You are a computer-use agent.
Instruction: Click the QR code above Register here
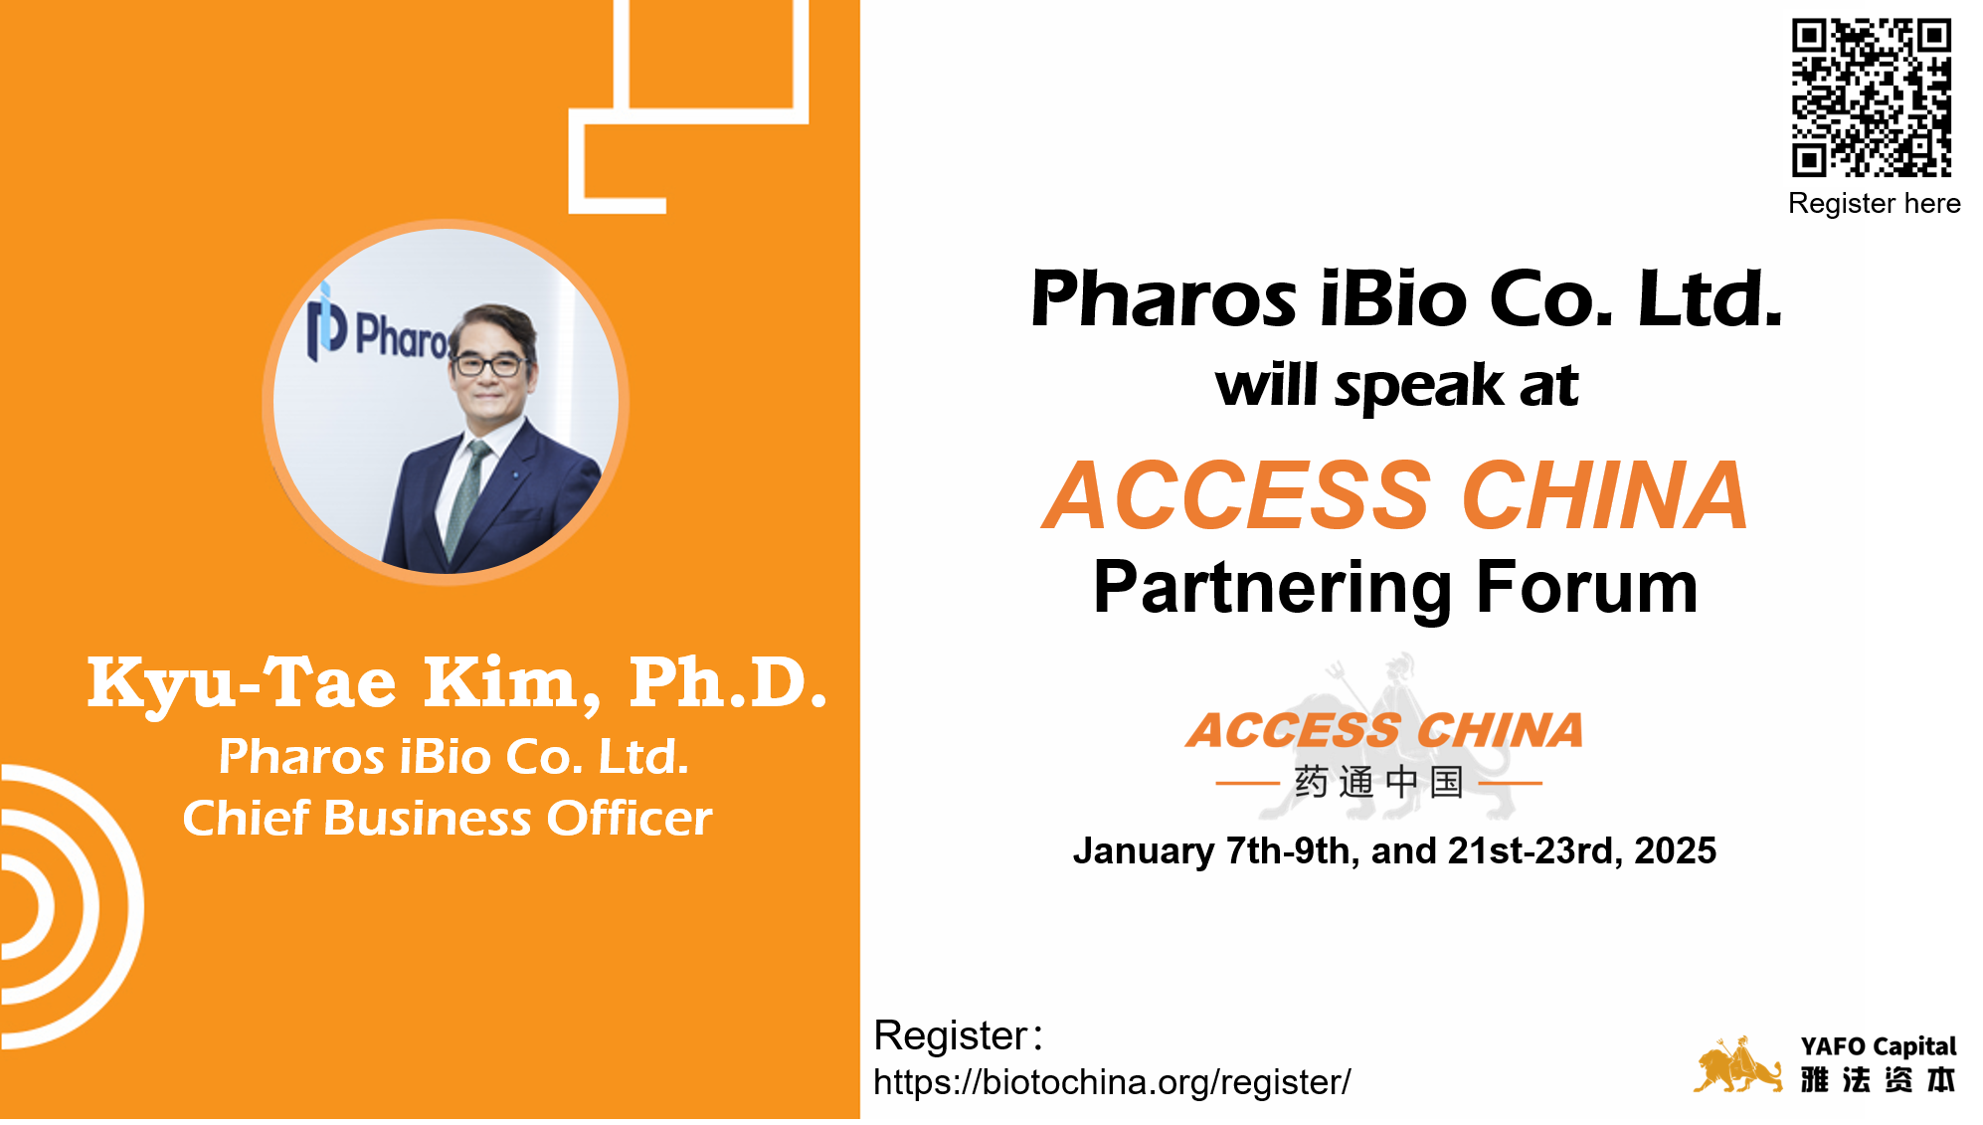1871,97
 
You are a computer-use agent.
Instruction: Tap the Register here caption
1874,204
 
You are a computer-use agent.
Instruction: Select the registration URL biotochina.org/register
1112,1082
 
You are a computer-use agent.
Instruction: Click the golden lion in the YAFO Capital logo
1737,1065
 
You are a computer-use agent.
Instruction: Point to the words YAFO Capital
1878,1046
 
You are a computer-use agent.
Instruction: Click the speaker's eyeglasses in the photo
489,365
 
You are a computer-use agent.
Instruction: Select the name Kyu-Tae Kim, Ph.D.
457,683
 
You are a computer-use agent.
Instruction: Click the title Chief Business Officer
448,819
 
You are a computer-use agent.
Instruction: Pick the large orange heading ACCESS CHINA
1395,495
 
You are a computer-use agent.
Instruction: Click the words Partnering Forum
1395,588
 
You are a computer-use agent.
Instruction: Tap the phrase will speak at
1396,386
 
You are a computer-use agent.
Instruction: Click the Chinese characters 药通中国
1378,783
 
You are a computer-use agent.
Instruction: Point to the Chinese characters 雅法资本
1878,1080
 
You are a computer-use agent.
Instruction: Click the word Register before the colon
950,1035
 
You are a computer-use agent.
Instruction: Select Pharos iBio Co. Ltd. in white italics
453,757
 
